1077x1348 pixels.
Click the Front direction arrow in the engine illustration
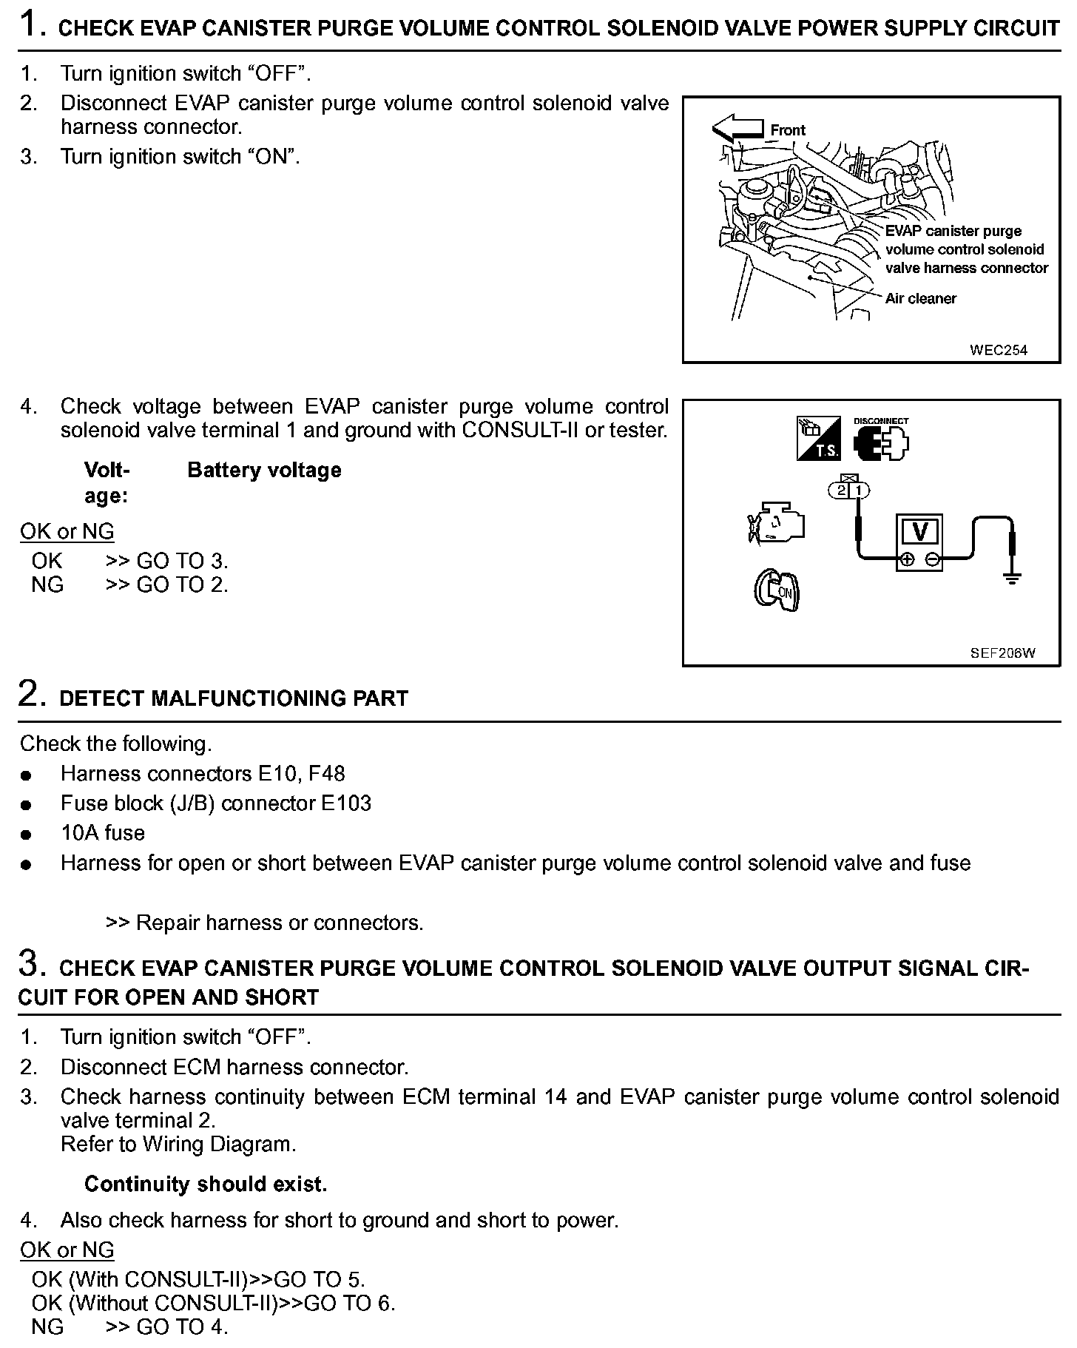tap(737, 129)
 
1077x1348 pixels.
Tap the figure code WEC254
tap(999, 350)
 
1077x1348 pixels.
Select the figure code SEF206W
tap(1002, 653)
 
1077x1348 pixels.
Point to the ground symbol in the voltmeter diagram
tap(1012, 577)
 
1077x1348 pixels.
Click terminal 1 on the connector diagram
tap(859, 490)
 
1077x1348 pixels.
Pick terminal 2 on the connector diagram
tap(841, 490)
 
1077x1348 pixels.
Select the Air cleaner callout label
tap(920, 298)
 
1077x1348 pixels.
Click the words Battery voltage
tap(264, 470)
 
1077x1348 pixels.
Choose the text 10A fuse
tap(103, 833)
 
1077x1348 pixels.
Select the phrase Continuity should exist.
tap(206, 1184)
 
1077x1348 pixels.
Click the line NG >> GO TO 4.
tap(129, 1327)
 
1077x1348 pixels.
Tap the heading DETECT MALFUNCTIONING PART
tap(234, 698)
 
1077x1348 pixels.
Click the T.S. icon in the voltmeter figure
tap(817, 439)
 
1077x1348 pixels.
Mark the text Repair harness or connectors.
tap(280, 923)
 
